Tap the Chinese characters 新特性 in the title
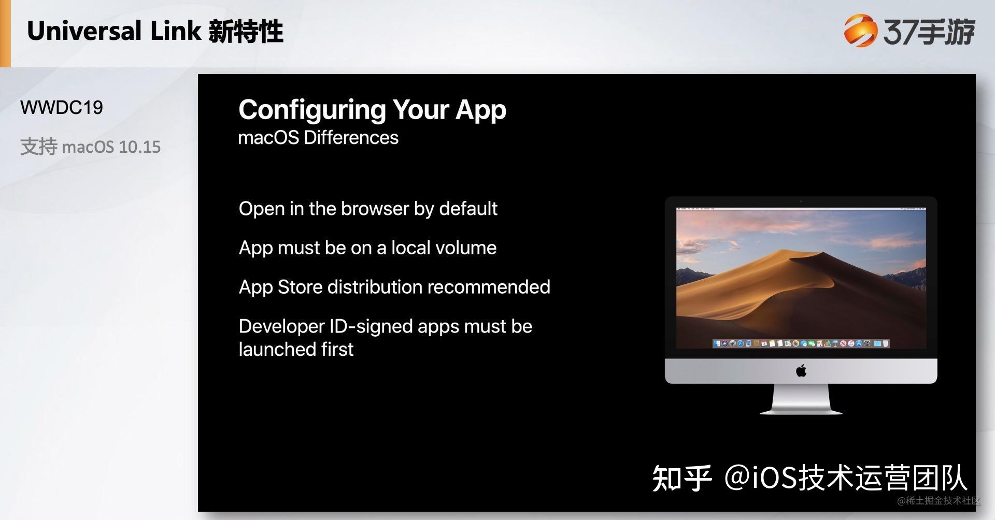pos(246,31)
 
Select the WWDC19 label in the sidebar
pos(62,108)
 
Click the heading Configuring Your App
pos(372,110)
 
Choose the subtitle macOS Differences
pos(318,138)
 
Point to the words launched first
pos(296,350)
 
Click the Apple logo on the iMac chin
pos(801,371)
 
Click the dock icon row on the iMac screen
pos(801,343)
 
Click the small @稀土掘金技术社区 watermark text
pos(939,500)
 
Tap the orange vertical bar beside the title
pos(5,33)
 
